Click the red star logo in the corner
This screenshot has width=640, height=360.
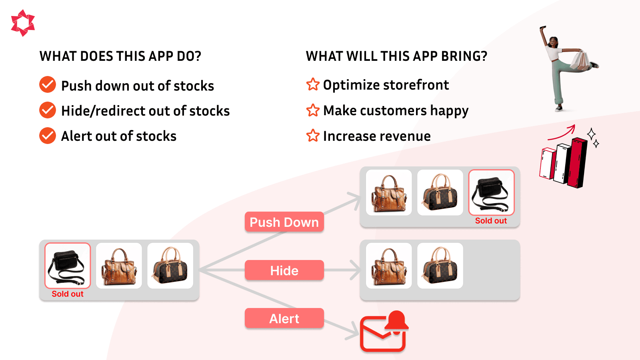click(23, 23)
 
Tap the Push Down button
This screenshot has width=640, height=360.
click(284, 222)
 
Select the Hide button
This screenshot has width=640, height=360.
click(284, 270)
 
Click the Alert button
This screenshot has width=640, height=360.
click(284, 318)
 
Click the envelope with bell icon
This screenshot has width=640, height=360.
click(383, 332)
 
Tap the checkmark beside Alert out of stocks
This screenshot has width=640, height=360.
click(48, 136)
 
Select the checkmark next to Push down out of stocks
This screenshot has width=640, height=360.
click(48, 85)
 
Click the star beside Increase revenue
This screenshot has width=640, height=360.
click(313, 136)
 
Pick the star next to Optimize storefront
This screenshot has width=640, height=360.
click(313, 84)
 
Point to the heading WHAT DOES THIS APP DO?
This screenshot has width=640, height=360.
click(120, 56)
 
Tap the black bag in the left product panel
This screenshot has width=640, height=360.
click(67, 266)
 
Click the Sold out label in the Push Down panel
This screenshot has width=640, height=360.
click(491, 221)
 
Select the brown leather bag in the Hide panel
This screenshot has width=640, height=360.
click(389, 266)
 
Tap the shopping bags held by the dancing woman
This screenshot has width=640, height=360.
click(580, 60)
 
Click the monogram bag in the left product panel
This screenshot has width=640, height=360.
click(170, 266)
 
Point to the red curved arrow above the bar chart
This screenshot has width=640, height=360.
click(562, 133)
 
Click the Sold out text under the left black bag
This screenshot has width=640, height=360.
click(67, 294)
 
